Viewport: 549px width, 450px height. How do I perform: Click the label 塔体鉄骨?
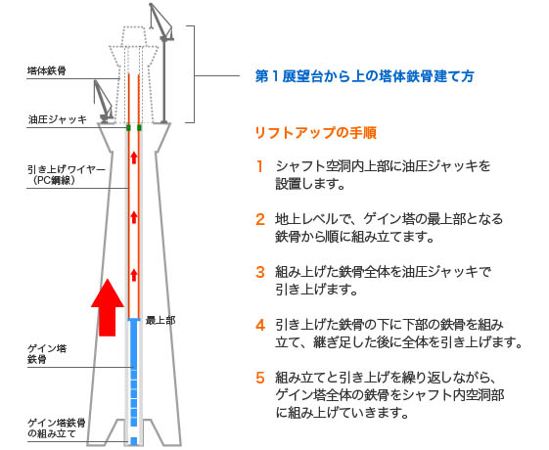[47, 71]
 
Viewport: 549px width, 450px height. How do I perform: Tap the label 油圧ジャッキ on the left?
[58, 119]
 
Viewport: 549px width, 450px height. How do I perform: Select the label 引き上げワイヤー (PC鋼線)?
[67, 174]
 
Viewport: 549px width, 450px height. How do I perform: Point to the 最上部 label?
[160, 320]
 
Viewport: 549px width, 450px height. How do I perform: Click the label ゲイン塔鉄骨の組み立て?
[57, 428]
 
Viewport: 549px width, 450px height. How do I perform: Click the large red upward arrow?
[108, 307]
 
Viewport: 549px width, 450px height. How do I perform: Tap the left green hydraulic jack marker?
[128, 128]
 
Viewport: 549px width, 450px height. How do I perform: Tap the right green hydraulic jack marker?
[139, 128]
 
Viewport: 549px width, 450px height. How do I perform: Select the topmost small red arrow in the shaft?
[134, 157]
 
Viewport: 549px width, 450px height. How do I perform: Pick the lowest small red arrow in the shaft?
[134, 275]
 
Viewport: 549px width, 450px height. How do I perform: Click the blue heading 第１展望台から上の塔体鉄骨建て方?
[364, 76]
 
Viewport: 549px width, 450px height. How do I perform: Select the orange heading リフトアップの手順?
[315, 133]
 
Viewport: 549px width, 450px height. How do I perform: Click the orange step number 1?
[259, 166]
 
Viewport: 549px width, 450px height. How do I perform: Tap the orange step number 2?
[260, 219]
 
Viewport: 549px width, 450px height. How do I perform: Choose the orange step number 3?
[260, 272]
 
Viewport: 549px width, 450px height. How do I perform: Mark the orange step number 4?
[260, 325]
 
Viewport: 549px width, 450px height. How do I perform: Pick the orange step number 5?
[260, 378]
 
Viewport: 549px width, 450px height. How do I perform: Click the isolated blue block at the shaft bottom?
[134, 441]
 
